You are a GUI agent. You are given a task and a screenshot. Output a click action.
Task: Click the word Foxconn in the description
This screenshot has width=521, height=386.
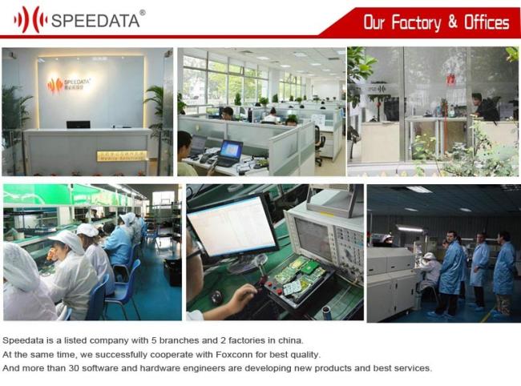(234, 355)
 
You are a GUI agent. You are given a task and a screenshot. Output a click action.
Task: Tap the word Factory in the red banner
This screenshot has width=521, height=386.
(416, 22)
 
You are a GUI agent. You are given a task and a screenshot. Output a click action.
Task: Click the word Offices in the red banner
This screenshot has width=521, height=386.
(487, 22)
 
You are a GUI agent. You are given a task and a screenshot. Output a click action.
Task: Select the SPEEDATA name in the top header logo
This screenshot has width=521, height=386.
(95, 21)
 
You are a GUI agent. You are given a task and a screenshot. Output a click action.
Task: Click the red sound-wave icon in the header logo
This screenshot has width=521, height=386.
(30, 20)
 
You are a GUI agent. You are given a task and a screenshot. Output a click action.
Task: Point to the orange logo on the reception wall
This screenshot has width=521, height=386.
(55, 85)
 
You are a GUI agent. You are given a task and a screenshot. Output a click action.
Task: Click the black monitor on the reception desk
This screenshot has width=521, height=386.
(79, 125)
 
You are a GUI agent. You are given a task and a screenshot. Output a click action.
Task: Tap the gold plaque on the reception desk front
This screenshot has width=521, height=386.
(122, 155)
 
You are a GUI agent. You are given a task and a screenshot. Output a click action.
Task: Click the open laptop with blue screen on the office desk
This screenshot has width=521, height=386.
(229, 153)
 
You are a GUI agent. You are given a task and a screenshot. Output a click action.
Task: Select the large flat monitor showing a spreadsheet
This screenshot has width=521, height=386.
(232, 226)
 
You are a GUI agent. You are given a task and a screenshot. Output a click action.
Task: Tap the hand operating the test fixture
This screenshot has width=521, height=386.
(243, 294)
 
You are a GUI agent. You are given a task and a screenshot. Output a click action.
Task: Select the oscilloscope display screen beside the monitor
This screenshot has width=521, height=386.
(313, 236)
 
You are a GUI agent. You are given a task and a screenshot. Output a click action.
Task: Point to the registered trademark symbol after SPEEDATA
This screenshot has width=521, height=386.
(142, 13)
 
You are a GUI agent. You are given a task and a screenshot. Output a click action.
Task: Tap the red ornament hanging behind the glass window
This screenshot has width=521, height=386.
(450, 79)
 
